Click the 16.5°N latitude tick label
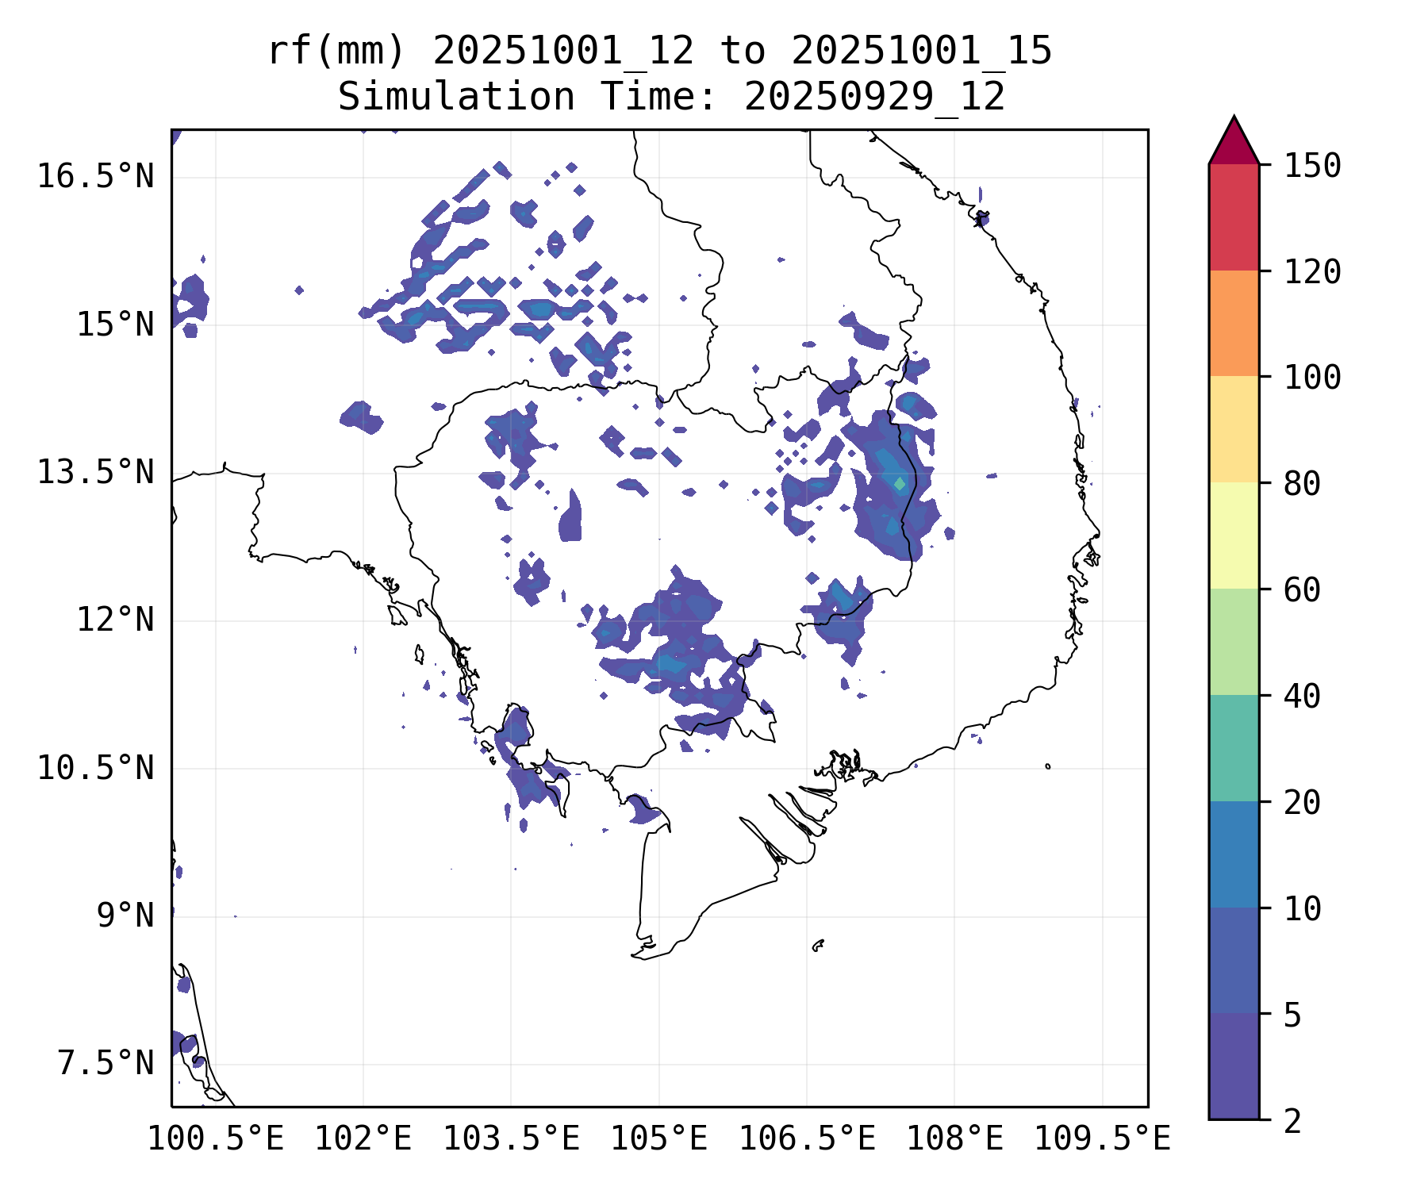point(95,176)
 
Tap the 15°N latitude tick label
point(114,325)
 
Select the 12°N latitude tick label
point(114,620)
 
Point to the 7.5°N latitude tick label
point(105,1064)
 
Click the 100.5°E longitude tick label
point(216,1139)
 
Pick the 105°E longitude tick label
point(658,1139)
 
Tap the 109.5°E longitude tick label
point(1102,1139)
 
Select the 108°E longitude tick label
point(954,1139)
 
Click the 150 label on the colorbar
point(1312,167)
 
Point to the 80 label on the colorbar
point(1302,484)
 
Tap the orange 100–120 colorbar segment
point(1234,323)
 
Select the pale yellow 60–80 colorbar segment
point(1234,535)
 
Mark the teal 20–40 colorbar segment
point(1234,748)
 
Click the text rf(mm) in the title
point(336,52)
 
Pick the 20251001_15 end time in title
point(922,52)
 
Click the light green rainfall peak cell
point(899,483)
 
